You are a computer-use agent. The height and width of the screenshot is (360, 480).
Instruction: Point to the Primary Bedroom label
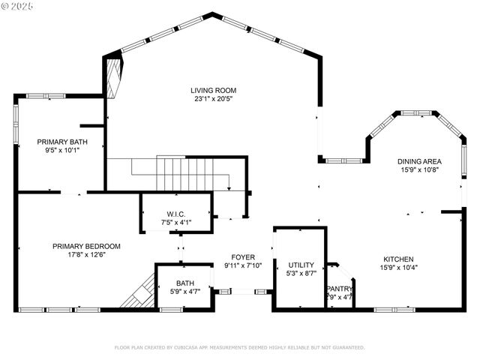pos(86,245)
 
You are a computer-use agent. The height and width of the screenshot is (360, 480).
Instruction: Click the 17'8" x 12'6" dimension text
pos(86,254)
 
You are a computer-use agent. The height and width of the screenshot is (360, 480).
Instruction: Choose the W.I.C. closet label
pos(176,214)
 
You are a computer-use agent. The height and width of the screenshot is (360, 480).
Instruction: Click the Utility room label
pos(300,265)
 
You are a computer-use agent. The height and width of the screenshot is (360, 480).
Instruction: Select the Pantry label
pos(340,289)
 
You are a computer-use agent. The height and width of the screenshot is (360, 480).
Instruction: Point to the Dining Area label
pos(420,160)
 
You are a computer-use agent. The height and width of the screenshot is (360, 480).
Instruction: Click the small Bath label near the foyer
pos(185,283)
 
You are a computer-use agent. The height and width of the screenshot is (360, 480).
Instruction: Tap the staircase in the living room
pos(191,174)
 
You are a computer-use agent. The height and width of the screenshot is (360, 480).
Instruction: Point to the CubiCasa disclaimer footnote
pos(239,347)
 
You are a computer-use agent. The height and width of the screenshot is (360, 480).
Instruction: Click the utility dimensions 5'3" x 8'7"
pos(300,274)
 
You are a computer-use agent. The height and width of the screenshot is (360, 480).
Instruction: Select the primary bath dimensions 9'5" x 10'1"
pos(58,149)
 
